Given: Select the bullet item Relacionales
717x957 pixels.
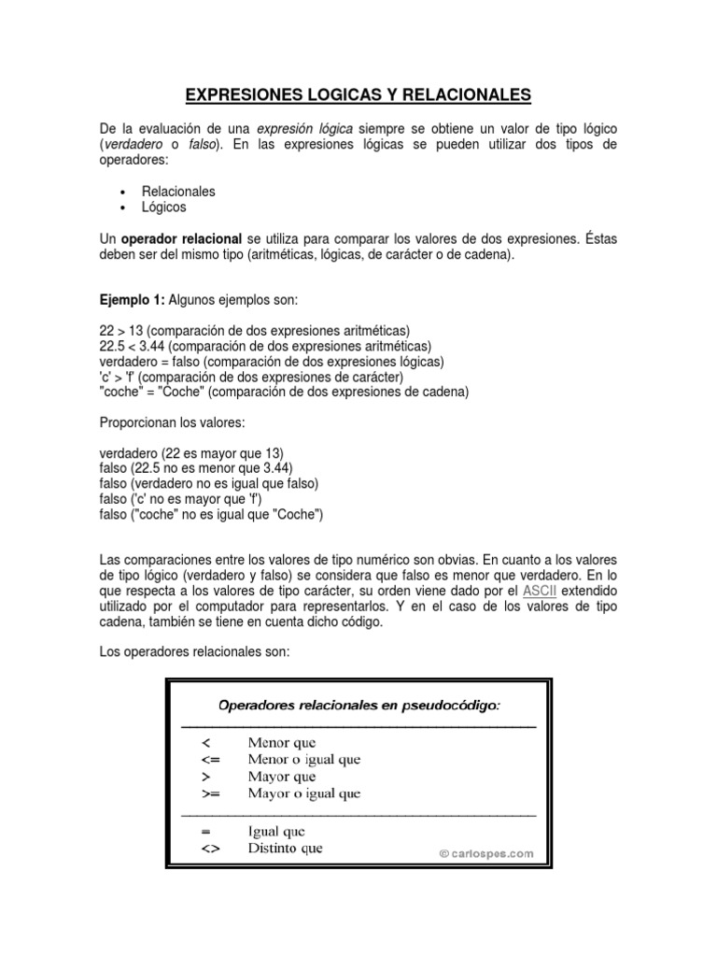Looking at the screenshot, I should click(x=178, y=191).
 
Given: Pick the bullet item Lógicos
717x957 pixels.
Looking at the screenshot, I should click(x=164, y=207).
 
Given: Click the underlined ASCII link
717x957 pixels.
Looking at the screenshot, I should click(x=540, y=592).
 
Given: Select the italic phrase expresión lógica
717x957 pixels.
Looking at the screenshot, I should click(x=300, y=127).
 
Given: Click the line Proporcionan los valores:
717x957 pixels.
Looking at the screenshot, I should click(x=172, y=421).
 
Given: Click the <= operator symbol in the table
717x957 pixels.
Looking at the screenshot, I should click(x=208, y=759).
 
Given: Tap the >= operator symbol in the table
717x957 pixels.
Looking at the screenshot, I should click(x=208, y=793).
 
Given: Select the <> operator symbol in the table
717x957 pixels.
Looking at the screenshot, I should click(x=208, y=849).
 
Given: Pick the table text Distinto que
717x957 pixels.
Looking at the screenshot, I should click(x=285, y=849).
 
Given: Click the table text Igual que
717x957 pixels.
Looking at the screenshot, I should click(x=276, y=831).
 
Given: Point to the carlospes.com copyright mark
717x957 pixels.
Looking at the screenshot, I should click(x=486, y=852).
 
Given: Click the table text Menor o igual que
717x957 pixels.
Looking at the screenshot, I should click(x=303, y=759).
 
